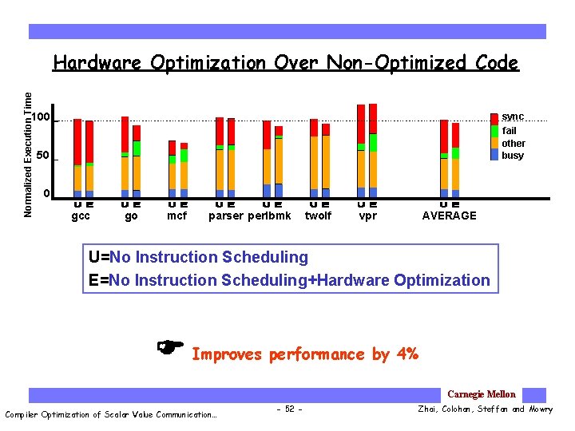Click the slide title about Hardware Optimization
285,63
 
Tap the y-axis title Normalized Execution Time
29,154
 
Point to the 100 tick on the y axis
41,118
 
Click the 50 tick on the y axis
45,156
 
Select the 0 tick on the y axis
46,194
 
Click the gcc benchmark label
81,215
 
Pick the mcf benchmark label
176,215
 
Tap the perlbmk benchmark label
270,215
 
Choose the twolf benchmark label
318,215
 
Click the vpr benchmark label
368,215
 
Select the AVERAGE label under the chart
449,215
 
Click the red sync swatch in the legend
494,118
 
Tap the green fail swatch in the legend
494,130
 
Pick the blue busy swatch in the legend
494,155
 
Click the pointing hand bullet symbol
171,346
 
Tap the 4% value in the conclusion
406,354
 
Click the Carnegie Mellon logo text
482,394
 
